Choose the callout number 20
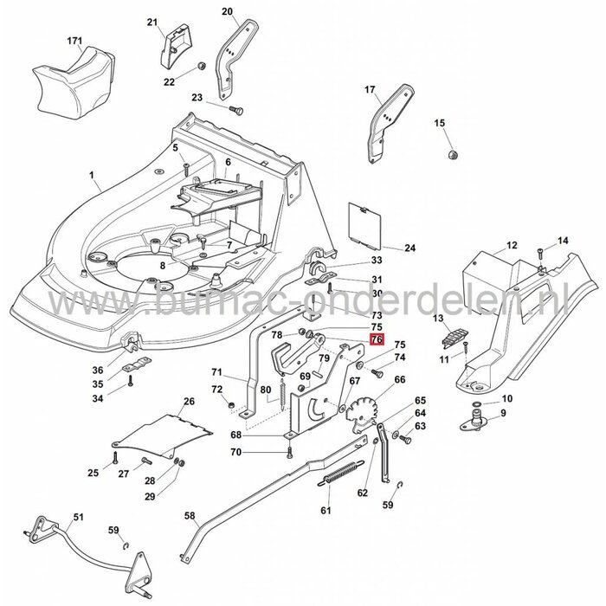[x=228, y=12]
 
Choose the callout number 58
[x=189, y=514]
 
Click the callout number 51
[x=79, y=517]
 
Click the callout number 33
[x=376, y=260]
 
